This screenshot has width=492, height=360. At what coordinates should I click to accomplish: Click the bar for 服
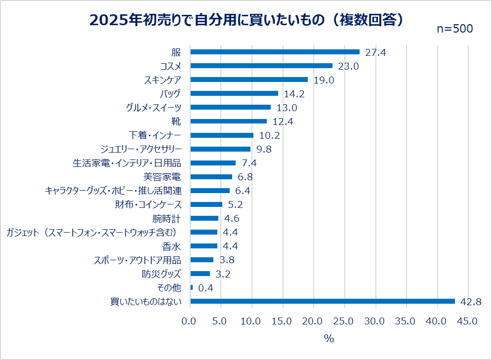click(275, 52)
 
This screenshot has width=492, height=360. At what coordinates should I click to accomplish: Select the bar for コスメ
click(261, 66)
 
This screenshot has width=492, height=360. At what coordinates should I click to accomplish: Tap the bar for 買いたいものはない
click(323, 301)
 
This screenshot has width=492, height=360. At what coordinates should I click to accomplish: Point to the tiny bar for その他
click(192, 287)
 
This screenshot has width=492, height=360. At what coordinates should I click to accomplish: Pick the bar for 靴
click(229, 121)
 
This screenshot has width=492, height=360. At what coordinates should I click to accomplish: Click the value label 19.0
click(324, 80)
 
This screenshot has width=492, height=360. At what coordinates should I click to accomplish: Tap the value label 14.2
click(294, 94)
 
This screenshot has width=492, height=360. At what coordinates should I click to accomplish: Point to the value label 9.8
click(264, 149)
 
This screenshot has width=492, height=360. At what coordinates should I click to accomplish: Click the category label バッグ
click(171, 93)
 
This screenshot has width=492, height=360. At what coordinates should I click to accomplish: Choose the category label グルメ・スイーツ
click(154, 107)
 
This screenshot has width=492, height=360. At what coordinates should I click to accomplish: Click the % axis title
click(329, 339)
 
